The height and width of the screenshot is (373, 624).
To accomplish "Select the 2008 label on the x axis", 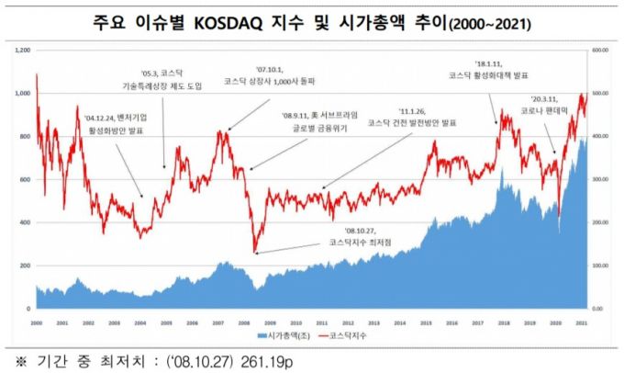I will (x=245, y=323).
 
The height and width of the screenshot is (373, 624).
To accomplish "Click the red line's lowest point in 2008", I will (x=255, y=252).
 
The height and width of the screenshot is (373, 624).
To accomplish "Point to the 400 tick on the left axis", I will (x=23, y=222).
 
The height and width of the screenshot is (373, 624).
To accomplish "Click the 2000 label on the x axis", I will (x=36, y=323).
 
